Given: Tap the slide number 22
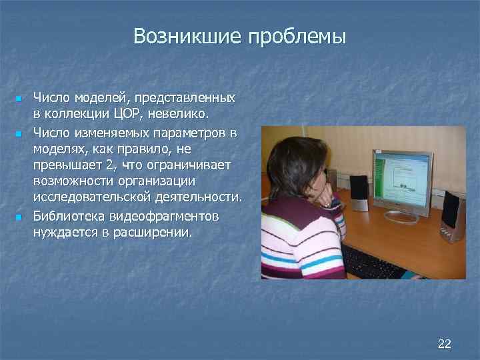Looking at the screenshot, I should [x=444, y=343].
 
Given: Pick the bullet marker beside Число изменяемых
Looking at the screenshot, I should [x=19, y=135].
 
